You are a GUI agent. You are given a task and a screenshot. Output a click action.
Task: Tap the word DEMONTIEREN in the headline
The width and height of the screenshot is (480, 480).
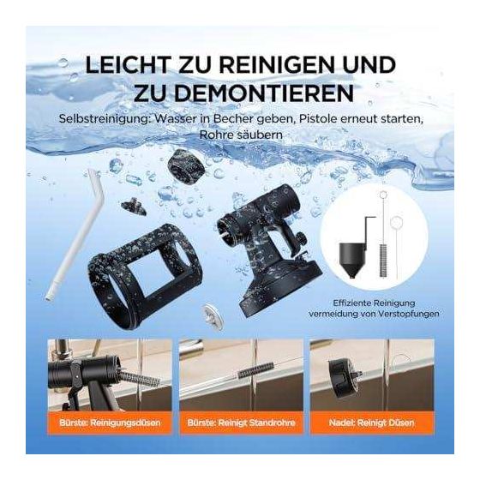[x=265, y=93]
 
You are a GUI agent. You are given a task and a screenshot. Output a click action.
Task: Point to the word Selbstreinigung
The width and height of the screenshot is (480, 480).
[x=105, y=119]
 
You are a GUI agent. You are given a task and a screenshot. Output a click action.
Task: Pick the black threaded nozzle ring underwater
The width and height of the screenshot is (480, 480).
[x=186, y=166]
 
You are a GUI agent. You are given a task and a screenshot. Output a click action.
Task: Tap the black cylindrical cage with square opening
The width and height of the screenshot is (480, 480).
[x=145, y=275]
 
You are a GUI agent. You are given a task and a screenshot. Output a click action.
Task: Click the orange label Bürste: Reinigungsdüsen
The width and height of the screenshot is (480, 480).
[x=110, y=423]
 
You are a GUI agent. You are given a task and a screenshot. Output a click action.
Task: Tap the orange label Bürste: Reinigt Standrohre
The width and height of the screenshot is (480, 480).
[x=241, y=423]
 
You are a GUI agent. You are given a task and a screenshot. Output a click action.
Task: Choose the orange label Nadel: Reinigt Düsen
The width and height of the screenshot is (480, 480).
[x=371, y=423]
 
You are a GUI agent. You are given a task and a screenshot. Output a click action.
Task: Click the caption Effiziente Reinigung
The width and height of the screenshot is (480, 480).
[x=374, y=303]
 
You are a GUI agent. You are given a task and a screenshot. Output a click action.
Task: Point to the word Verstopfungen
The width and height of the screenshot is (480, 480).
[x=408, y=314]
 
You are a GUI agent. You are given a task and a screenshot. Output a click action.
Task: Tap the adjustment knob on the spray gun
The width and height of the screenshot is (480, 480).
[x=302, y=238]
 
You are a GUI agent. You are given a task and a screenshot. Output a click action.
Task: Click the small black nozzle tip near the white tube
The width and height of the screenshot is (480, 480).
[x=134, y=206]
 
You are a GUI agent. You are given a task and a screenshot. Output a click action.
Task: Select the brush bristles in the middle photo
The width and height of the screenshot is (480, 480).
[x=255, y=369]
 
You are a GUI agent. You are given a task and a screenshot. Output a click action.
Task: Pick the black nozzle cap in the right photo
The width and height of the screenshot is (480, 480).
[x=342, y=378]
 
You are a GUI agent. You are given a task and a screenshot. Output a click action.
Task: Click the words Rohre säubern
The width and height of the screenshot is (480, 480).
[x=241, y=135]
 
